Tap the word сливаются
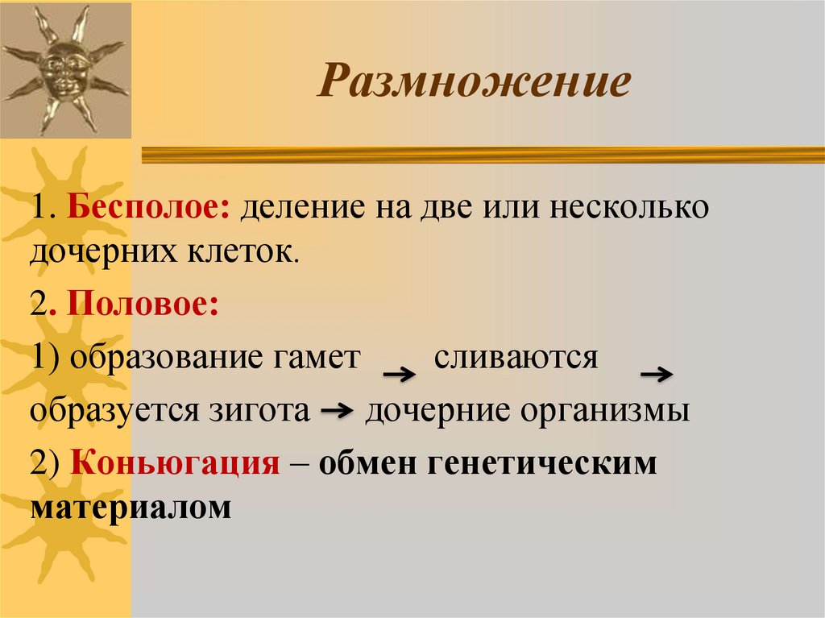[x=516, y=358]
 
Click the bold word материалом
[x=131, y=508]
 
